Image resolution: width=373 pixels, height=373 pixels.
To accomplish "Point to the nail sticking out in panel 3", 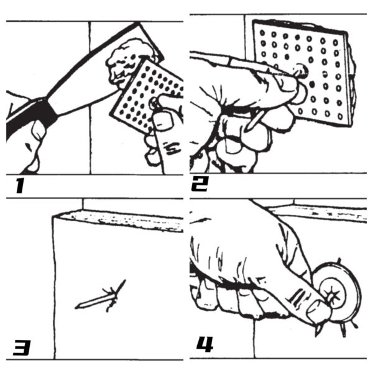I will tap(99, 298).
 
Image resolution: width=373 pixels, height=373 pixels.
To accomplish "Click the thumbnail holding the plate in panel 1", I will tap(163, 121).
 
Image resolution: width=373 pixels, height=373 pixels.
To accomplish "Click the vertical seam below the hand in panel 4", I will tap(255, 339).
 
